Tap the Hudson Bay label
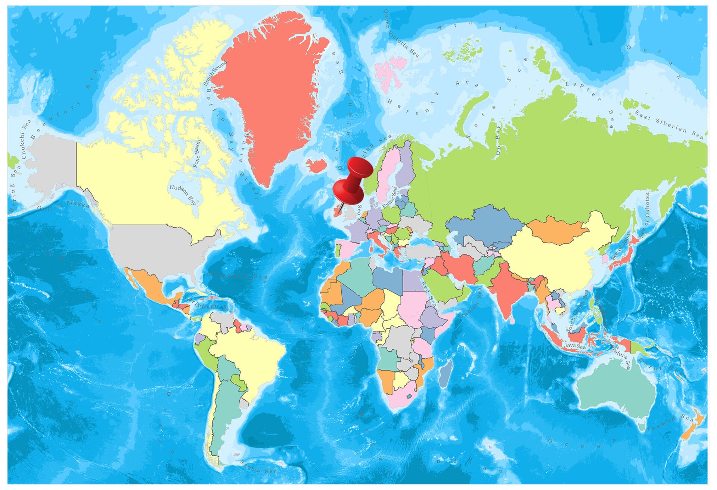[183, 194]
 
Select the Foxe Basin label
[197, 153]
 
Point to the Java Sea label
[575, 346]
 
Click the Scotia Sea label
[258, 467]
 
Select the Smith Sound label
[215, 72]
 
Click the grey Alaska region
[52, 164]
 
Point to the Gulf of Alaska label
[63, 206]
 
